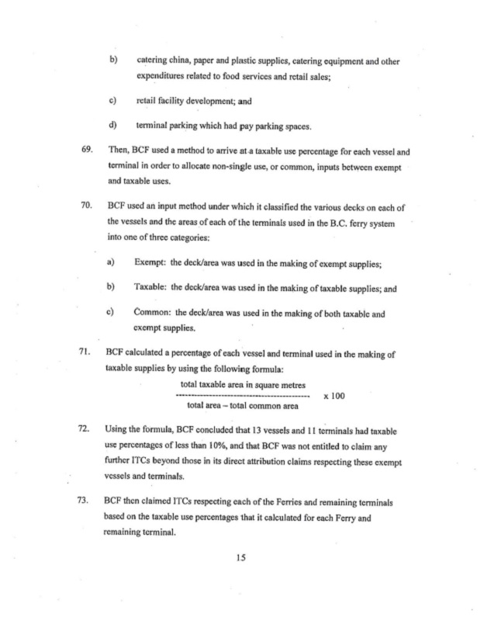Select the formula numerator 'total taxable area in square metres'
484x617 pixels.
pos(242,385)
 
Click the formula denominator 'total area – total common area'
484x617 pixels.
pos(243,405)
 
